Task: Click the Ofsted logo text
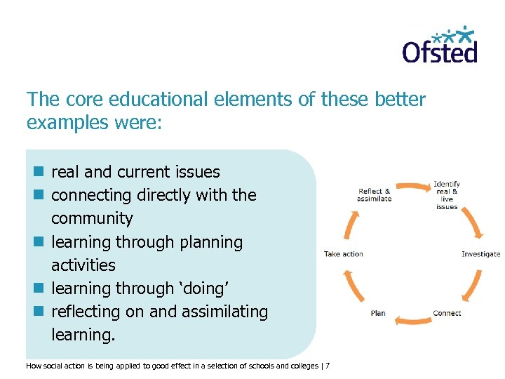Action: tap(440, 51)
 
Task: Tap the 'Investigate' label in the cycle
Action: tap(480, 254)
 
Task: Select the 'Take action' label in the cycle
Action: tap(343, 254)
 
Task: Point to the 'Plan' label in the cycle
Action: tap(378, 313)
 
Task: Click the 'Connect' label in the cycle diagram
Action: tap(447, 313)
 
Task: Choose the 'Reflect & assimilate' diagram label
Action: tap(374, 195)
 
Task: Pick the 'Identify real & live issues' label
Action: tap(447, 196)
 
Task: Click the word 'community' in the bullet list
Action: tap(92, 218)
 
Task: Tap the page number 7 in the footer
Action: tap(328, 366)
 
